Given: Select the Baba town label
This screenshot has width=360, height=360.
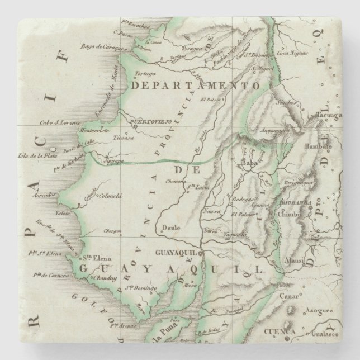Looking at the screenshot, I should [x=248, y=164].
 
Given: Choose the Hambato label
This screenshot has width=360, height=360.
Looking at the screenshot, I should [x=319, y=145].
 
